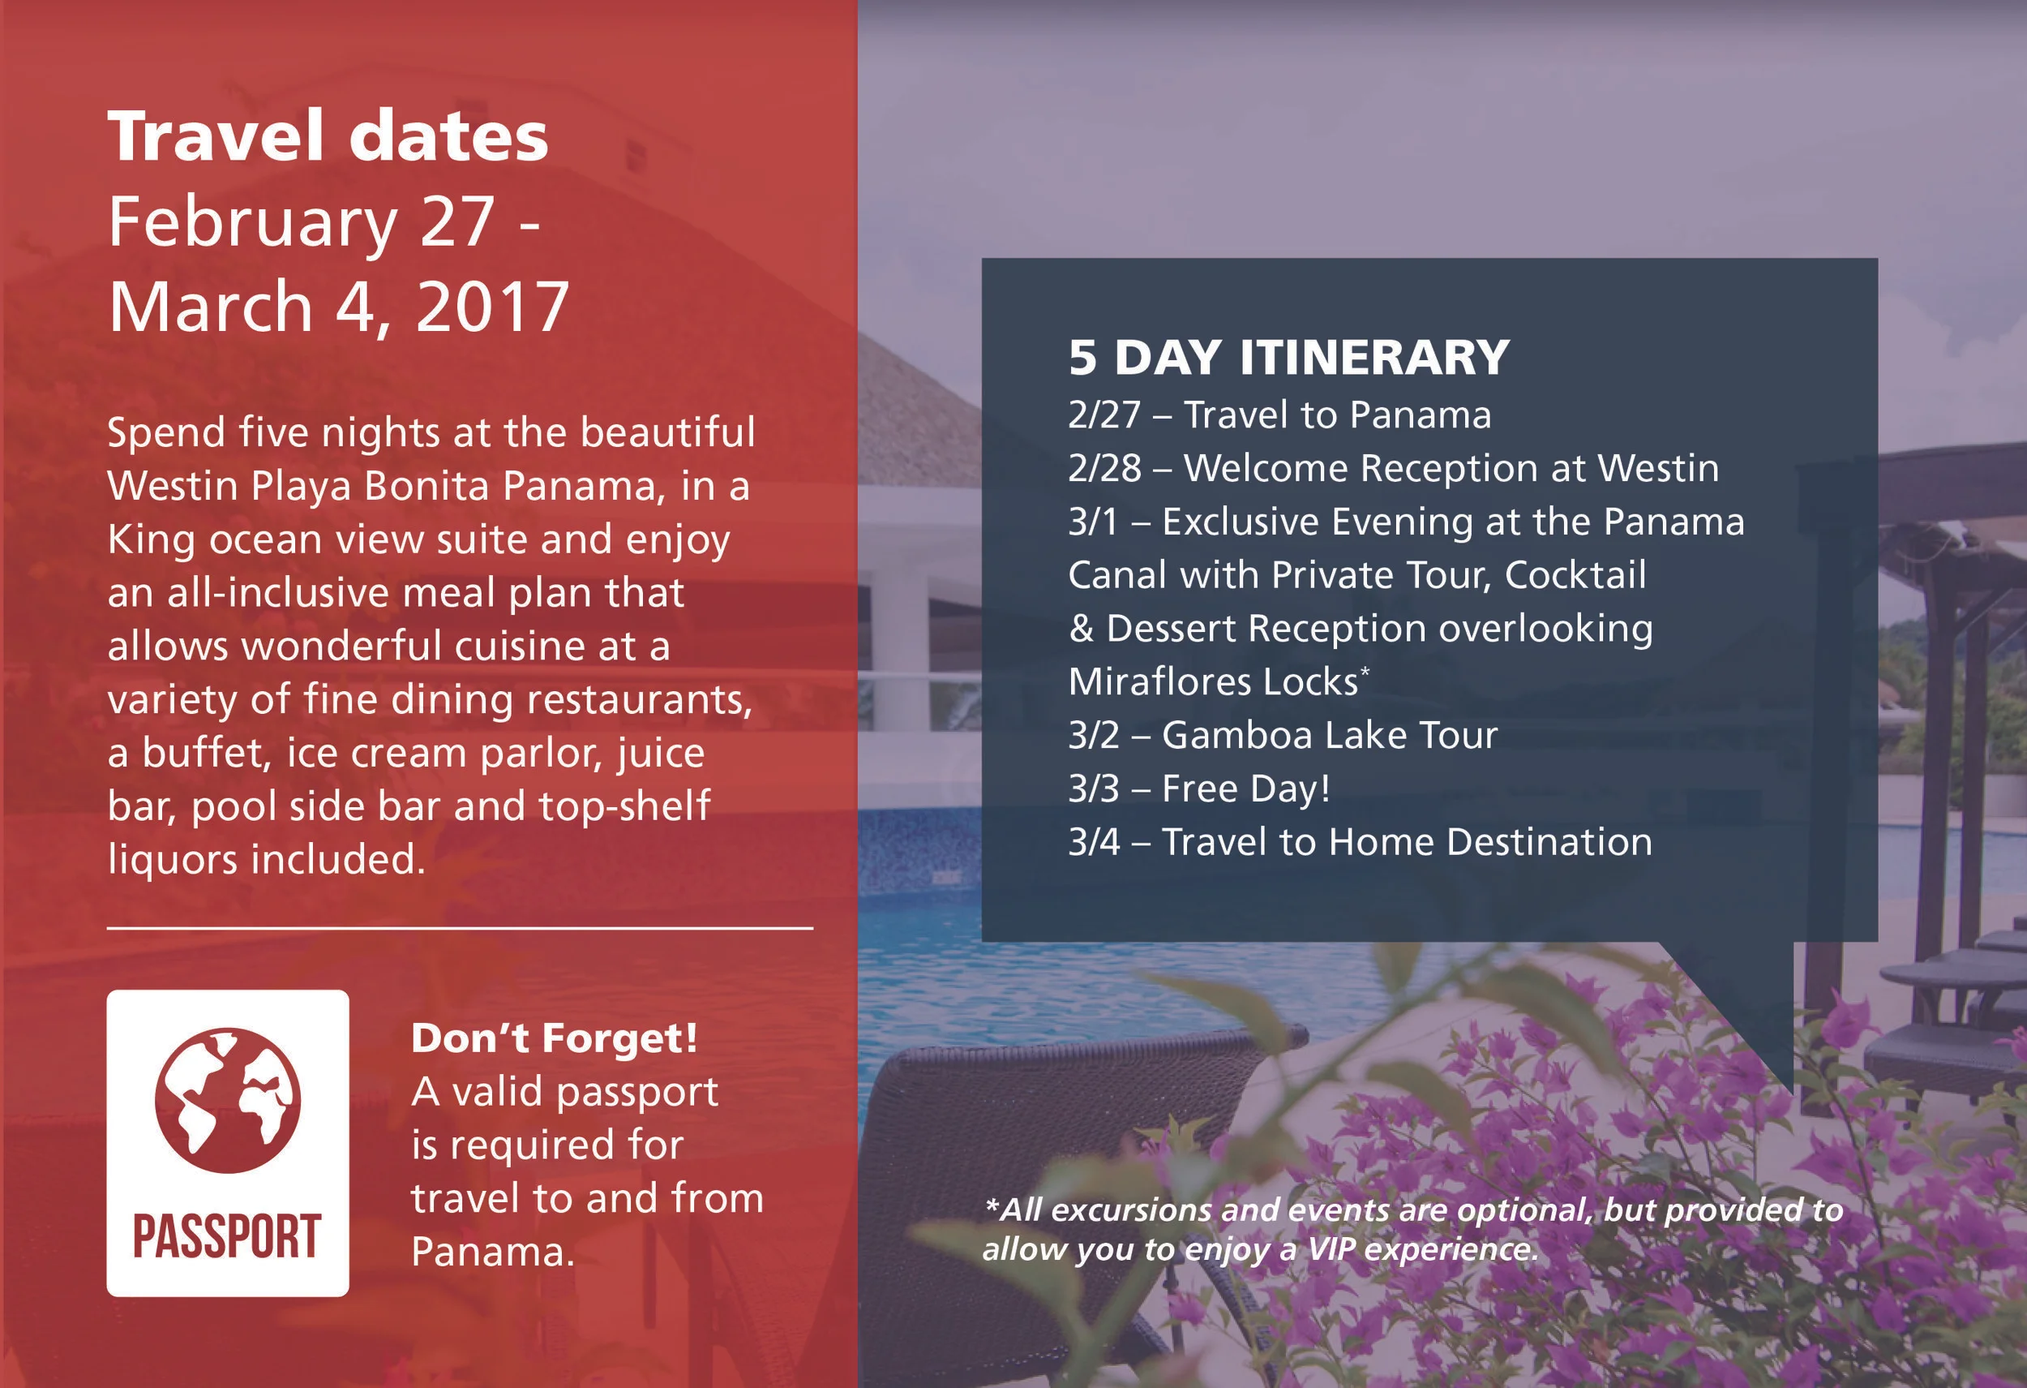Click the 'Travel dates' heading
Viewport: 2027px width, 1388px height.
[x=328, y=137]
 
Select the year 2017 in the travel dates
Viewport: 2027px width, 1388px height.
[x=492, y=307]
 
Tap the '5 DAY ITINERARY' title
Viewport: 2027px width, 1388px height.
[x=1288, y=357]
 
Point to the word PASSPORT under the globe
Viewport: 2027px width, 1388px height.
[x=228, y=1236]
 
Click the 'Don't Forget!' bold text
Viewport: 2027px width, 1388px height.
[x=555, y=1038]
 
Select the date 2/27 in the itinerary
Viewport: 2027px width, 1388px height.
[x=1104, y=415]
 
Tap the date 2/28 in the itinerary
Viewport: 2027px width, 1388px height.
[x=1104, y=469]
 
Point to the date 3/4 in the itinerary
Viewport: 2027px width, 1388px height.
[x=1094, y=843]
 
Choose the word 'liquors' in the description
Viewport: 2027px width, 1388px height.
[x=174, y=859]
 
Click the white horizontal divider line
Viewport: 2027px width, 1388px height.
[x=460, y=928]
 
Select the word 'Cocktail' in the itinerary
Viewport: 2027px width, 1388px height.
[x=1575, y=576]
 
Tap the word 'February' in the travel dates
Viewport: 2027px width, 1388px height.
[x=253, y=222]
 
